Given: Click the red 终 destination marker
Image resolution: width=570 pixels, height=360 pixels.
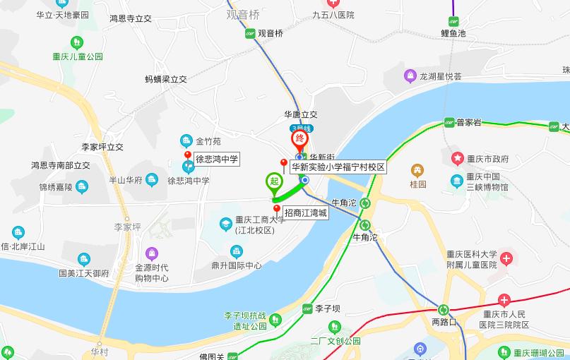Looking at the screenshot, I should click(299, 136).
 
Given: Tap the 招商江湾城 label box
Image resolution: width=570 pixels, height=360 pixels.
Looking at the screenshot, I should click(305, 212).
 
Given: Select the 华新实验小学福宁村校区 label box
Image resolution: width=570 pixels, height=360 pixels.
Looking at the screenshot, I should click(338, 167).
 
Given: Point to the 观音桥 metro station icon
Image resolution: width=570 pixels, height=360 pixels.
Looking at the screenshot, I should click(249, 33).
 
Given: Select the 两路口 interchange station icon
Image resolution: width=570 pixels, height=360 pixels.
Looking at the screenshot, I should click(444, 309).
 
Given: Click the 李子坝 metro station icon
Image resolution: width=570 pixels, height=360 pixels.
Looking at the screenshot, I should click(307, 308).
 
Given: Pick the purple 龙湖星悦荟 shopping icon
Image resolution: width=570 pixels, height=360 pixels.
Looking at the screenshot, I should click(410, 76).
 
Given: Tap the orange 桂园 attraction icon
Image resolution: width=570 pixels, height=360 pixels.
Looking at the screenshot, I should click(418, 170).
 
